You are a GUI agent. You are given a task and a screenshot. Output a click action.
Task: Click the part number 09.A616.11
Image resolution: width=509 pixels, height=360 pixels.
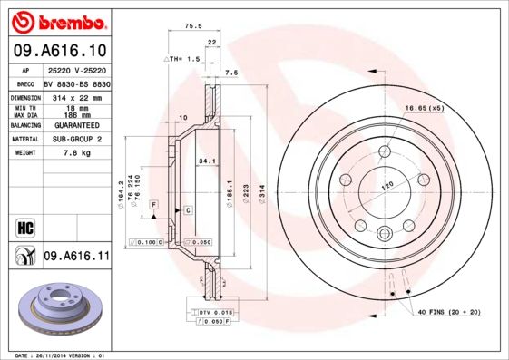tap(77, 258)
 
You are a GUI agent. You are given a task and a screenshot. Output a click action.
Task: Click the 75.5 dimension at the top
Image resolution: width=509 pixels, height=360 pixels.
tap(191, 27)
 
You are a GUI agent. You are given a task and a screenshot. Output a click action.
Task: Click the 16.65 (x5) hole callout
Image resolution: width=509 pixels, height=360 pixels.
tap(424, 108)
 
